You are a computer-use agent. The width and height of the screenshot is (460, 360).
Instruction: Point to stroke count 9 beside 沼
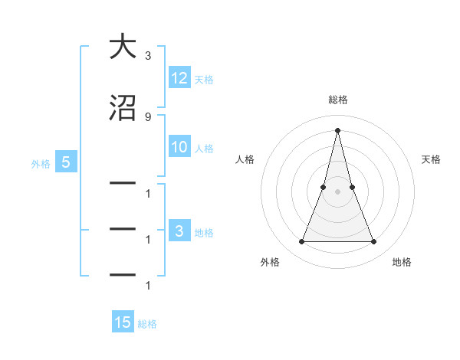coord(147,116)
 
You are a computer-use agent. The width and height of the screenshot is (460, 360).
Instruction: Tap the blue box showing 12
coord(179,77)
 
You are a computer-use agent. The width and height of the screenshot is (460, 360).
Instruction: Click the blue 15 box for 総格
coord(123,322)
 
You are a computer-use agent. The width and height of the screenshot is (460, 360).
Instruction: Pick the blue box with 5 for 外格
coord(66,162)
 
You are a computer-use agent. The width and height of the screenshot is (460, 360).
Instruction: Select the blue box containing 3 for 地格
coord(179,231)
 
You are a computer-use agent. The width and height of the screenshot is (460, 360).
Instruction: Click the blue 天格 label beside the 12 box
coord(204,79)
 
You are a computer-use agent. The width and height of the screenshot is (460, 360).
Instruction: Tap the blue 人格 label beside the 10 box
coord(204,149)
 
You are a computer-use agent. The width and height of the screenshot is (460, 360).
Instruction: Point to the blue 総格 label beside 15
coord(147,324)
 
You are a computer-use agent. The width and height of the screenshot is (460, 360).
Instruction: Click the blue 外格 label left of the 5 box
coord(41,163)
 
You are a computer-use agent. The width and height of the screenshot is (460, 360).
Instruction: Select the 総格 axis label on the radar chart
coord(338,100)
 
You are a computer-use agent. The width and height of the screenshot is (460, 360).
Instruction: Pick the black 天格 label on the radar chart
coord(431,159)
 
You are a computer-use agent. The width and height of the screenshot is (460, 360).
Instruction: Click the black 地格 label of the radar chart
coord(402,262)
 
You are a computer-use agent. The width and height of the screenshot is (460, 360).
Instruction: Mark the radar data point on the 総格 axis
coord(337,129)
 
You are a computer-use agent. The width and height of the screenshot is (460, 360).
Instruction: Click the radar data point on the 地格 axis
coord(374,242)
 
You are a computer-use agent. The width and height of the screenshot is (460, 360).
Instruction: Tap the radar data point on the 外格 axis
coord(301,242)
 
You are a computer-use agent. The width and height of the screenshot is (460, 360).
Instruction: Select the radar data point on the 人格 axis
coord(324,187)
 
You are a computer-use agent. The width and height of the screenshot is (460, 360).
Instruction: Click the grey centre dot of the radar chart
coord(337,191)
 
